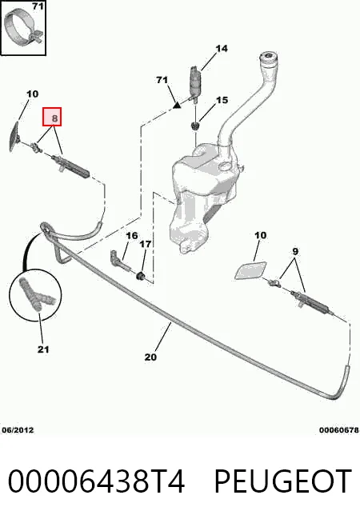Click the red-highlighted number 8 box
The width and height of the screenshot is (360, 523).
[x=52, y=117]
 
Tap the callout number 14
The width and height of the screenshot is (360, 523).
[x=222, y=49]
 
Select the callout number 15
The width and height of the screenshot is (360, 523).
[x=222, y=100]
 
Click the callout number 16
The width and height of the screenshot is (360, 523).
[x=132, y=236]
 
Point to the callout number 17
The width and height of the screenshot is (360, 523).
[x=145, y=245]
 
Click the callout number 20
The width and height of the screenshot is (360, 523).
[x=150, y=357]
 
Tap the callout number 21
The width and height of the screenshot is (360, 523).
[x=43, y=349]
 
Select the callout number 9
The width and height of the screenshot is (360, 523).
[x=295, y=251]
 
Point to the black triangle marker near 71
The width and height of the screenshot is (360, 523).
[x=177, y=106]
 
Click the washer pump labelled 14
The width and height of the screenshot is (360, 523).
[x=194, y=84]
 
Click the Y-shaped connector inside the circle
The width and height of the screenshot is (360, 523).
[x=36, y=294]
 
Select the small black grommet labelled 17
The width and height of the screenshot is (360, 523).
[x=141, y=276]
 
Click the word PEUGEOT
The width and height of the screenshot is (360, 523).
[x=283, y=481]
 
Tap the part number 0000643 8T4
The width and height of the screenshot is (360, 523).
[x=96, y=481]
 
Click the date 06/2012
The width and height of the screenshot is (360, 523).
[x=18, y=430]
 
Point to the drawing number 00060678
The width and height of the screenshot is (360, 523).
[x=339, y=430]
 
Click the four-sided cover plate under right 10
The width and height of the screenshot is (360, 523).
[x=250, y=270]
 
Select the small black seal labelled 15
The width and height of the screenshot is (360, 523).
[x=195, y=126]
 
